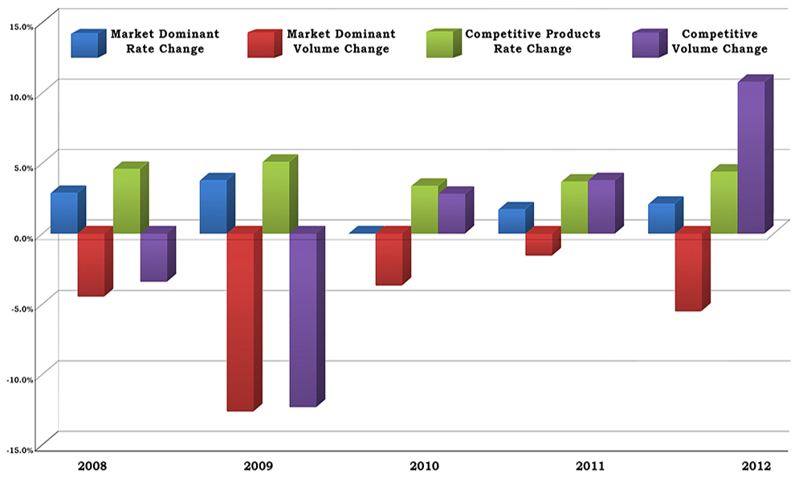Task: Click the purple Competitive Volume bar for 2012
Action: click(752, 157)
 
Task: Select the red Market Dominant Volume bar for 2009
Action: click(240, 321)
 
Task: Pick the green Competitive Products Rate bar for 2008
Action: click(127, 201)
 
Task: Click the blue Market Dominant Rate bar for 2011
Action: click(512, 221)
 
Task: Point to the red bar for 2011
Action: click(539, 243)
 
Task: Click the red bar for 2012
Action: click(688, 272)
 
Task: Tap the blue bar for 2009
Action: click(213, 206)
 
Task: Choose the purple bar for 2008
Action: click(153, 257)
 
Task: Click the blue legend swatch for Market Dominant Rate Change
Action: click(86, 44)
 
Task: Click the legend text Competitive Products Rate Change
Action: click(532, 42)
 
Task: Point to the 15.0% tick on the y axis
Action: click(22, 26)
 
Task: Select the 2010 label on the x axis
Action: click(425, 466)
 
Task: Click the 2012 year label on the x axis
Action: click(756, 466)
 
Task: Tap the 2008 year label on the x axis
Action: click(93, 466)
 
